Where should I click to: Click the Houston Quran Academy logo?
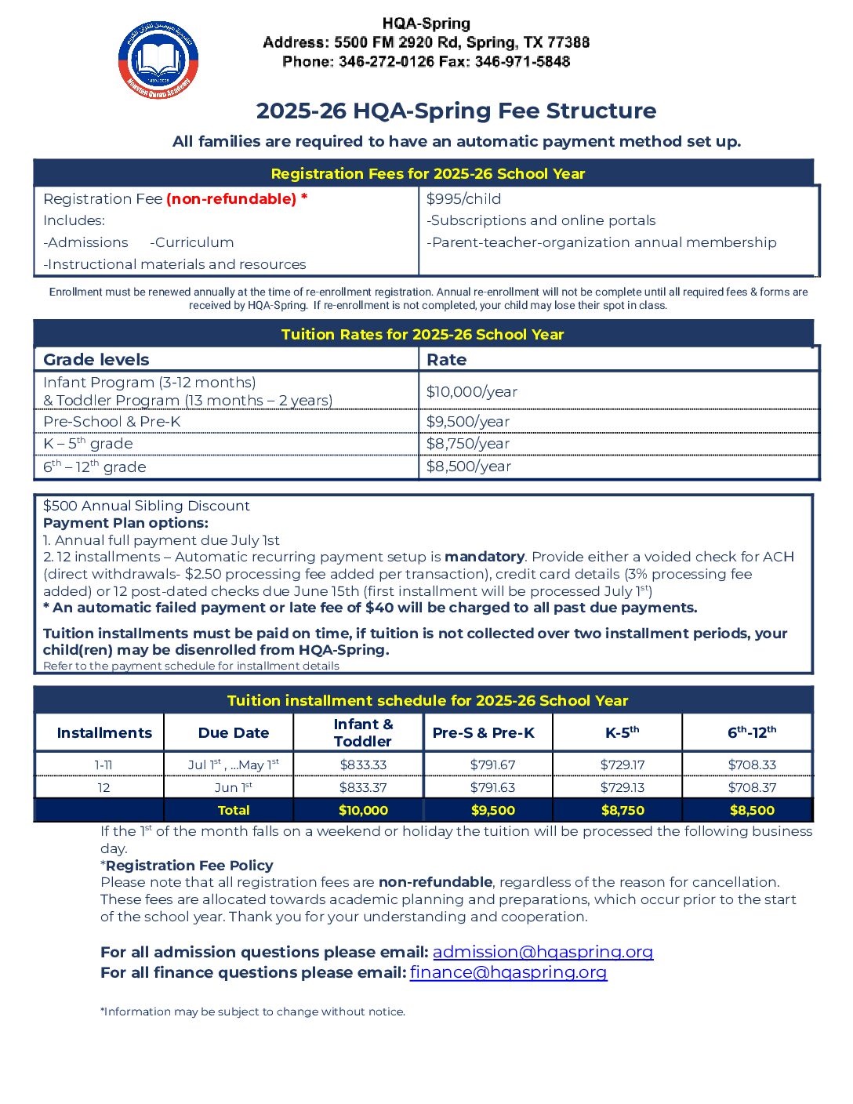158,60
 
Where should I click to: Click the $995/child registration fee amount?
463,199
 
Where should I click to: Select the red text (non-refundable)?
231,199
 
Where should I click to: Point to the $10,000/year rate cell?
471,391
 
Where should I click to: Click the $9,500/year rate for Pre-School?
467,422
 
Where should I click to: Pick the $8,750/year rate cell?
467,444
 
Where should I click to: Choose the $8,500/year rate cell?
468,467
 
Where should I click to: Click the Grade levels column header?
96,360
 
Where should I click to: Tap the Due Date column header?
233,733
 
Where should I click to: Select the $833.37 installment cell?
363,787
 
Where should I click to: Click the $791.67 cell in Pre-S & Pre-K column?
492,764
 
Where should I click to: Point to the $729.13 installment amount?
623,787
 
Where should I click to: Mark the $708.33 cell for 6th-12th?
752,764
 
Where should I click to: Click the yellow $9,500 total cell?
493,810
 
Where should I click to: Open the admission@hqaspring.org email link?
543,952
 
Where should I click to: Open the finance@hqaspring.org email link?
508,972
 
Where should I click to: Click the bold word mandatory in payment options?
485,557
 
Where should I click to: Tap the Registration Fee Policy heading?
189,866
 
